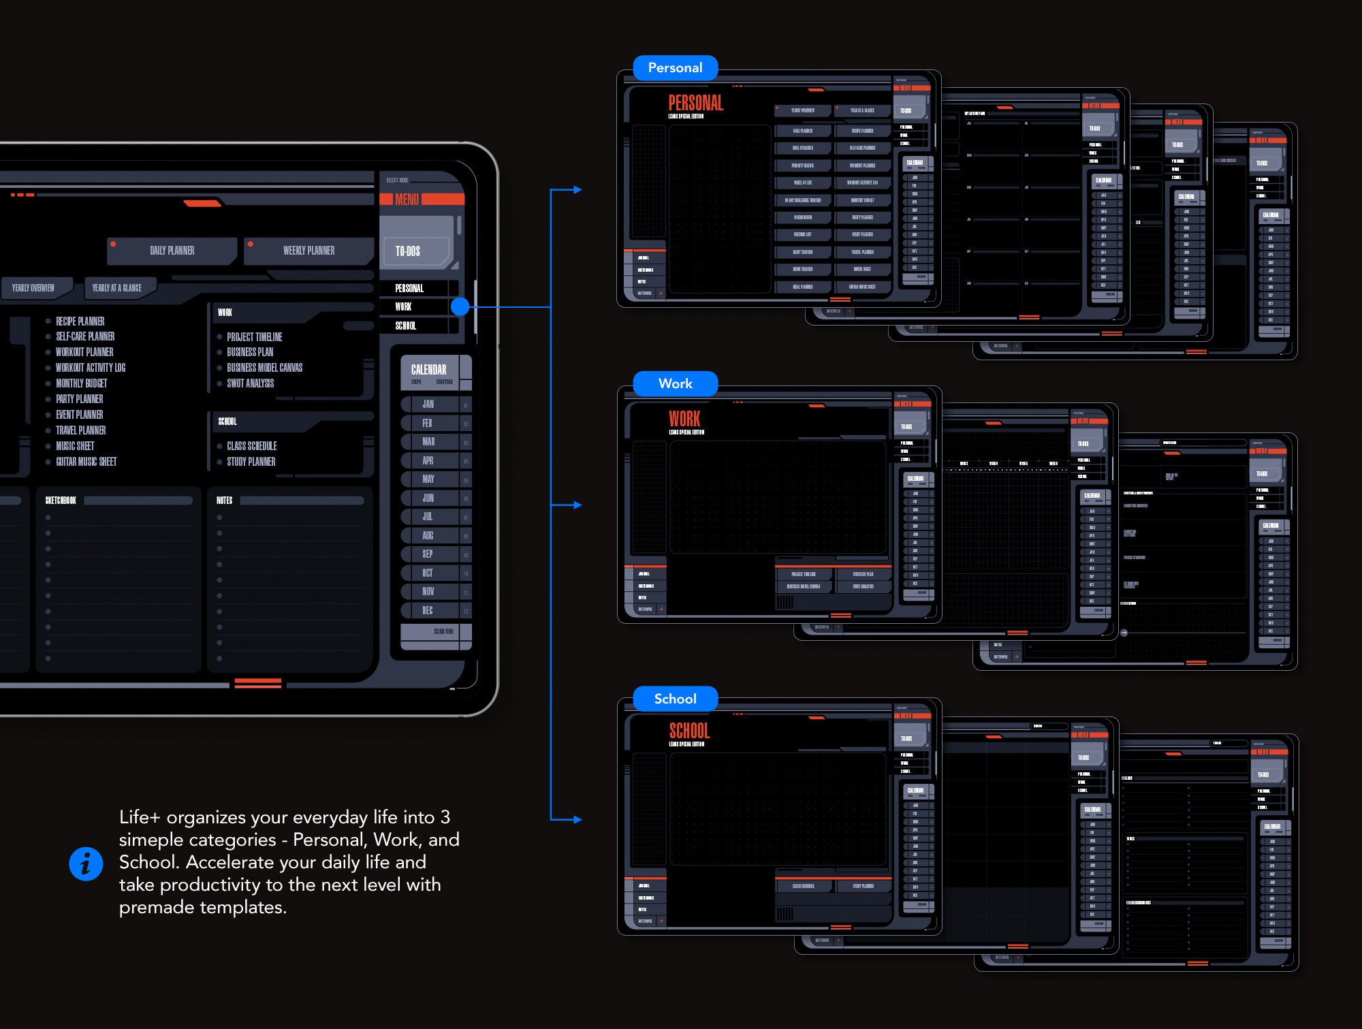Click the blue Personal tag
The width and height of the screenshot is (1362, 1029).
(x=675, y=67)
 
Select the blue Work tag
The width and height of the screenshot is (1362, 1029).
(x=675, y=383)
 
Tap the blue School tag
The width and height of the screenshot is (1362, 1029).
(x=675, y=699)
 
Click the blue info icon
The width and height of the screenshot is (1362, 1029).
(x=86, y=864)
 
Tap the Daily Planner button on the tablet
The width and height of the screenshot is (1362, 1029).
(x=172, y=251)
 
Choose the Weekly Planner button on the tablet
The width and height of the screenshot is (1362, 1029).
(x=308, y=251)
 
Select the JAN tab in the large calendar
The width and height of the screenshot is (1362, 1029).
(x=428, y=404)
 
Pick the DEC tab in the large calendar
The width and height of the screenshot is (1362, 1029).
(x=428, y=610)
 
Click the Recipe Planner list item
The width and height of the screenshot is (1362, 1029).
(x=80, y=321)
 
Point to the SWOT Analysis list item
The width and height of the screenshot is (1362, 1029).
(x=250, y=383)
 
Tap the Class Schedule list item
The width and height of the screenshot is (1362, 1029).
(x=251, y=446)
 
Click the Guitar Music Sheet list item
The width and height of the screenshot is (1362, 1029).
(x=86, y=462)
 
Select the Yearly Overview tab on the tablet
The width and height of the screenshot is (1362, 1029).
(x=33, y=288)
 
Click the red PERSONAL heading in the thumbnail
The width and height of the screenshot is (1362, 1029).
(x=695, y=103)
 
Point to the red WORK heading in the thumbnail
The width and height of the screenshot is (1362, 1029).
(x=684, y=419)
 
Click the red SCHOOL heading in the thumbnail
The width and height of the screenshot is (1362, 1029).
(x=689, y=731)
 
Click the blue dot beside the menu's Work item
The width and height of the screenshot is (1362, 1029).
(x=460, y=306)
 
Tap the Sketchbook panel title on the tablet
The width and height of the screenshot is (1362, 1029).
(x=61, y=501)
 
